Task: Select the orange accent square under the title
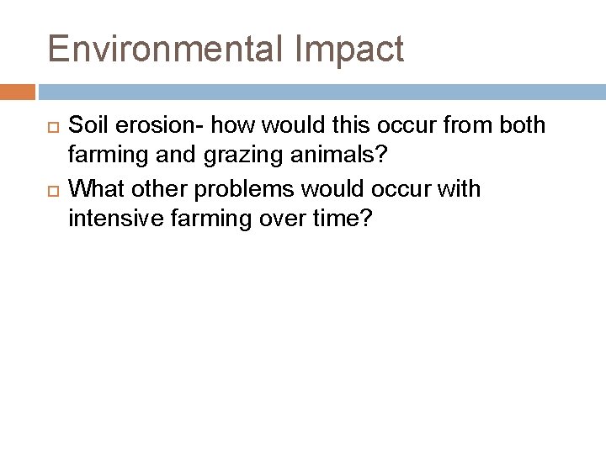(18, 91)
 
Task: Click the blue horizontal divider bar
(321, 91)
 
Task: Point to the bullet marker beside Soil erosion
(50, 127)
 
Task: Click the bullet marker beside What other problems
(50, 190)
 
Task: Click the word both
(522, 126)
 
